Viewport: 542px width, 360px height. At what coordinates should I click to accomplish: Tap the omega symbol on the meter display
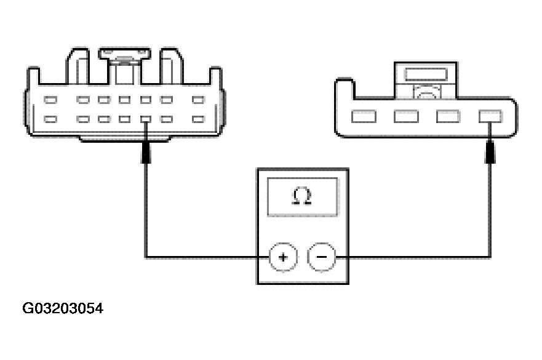pyautogui.click(x=302, y=196)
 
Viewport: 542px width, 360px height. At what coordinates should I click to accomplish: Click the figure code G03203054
pyautogui.click(x=63, y=308)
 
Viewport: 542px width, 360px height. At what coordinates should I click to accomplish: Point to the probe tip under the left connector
pyautogui.click(x=146, y=151)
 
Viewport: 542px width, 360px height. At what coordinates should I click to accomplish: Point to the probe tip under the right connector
pyautogui.click(x=490, y=151)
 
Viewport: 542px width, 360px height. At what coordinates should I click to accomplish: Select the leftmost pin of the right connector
pyautogui.click(x=363, y=116)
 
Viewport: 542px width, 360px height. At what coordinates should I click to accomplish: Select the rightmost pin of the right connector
pyautogui.click(x=490, y=116)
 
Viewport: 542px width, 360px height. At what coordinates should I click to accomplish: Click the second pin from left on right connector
pyautogui.click(x=406, y=116)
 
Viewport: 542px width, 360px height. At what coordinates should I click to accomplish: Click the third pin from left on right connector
pyautogui.click(x=448, y=116)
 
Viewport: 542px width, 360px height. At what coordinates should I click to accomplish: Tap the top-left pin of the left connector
pyautogui.click(x=51, y=100)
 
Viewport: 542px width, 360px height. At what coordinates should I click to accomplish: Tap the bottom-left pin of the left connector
pyautogui.click(x=51, y=119)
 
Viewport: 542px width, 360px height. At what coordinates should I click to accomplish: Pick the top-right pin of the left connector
pyautogui.click(x=198, y=100)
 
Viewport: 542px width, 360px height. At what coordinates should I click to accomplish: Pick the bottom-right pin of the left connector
pyautogui.click(x=198, y=119)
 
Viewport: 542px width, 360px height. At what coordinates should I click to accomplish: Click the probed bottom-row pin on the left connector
pyautogui.click(x=146, y=119)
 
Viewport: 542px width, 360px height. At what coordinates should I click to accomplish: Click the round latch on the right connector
pyautogui.click(x=425, y=93)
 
